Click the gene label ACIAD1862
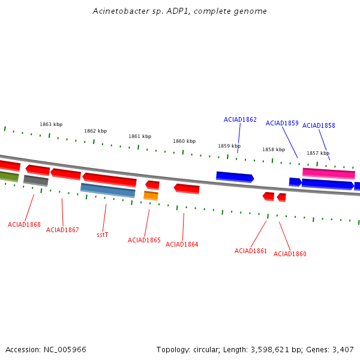240,120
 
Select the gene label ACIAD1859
282,124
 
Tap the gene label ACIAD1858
319,126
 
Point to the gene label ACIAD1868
24,225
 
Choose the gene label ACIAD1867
62,230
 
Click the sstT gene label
102,235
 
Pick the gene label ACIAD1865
144,241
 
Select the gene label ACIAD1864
182,245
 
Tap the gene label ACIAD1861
251,251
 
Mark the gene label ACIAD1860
290,254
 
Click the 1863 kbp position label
51,125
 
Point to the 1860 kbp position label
184,142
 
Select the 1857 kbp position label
318,154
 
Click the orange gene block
151,196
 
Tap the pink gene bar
328,173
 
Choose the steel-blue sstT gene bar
108,190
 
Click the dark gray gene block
36,180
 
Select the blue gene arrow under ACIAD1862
235,177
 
